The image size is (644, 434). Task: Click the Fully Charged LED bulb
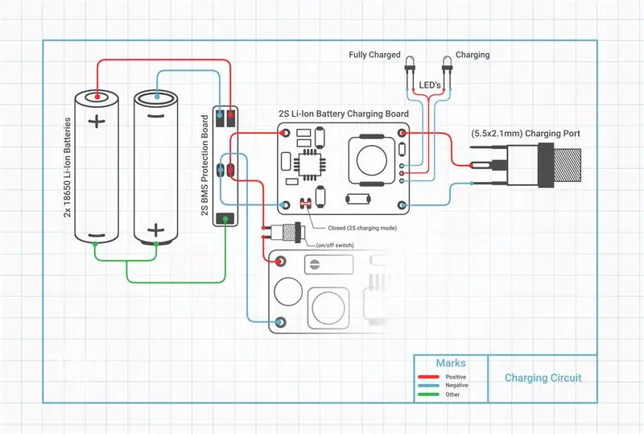(x=410, y=63)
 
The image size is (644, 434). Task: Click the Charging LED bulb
(x=447, y=63)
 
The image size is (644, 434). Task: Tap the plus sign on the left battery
(x=97, y=122)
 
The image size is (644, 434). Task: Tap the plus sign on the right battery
(x=155, y=230)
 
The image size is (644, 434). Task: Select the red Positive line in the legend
(x=428, y=377)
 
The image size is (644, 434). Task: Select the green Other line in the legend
(x=428, y=395)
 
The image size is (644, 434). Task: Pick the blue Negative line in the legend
(x=428, y=386)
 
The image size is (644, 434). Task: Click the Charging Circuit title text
(x=543, y=378)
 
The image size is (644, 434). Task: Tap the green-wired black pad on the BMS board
(x=225, y=219)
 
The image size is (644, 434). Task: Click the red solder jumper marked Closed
(x=306, y=203)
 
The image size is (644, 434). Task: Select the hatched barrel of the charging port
(x=568, y=166)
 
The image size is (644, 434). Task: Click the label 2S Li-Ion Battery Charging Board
(x=344, y=114)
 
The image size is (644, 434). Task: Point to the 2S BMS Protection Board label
(x=205, y=165)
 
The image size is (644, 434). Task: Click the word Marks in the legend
(x=451, y=363)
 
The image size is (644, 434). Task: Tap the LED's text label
(x=430, y=85)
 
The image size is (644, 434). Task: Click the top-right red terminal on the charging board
(x=402, y=133)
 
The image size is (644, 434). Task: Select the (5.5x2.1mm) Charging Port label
(x=526, y=134)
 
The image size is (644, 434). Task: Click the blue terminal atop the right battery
(x=157, y=97)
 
